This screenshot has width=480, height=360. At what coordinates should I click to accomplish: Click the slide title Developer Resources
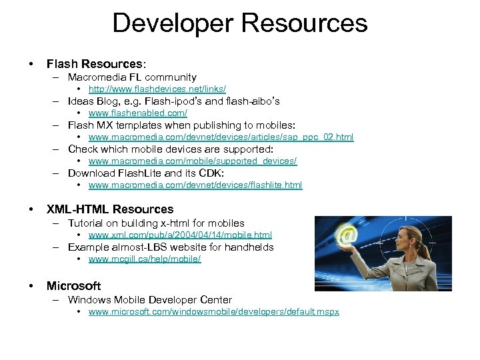[x=239, y=23]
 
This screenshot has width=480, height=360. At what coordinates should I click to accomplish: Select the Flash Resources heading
[x=95, y=64]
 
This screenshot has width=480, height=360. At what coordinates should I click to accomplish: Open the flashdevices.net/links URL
[x=157, y=89]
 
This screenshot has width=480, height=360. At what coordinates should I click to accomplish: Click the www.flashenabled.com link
[x=133, y=113]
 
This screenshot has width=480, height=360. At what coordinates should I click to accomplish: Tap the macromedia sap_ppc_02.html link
[x=221, y=137]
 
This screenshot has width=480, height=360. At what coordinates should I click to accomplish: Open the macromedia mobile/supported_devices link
[x=192, y=161]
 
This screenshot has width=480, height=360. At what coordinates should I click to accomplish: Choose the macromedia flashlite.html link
[x=195, y=185]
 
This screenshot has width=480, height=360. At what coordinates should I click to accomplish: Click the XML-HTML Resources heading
[x=110, y=209]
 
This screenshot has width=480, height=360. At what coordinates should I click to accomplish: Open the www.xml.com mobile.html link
[x=180, y=235]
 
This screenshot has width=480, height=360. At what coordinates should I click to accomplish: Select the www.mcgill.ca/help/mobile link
[x=144, y=259]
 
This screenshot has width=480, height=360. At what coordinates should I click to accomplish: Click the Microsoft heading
[x=73, y=286]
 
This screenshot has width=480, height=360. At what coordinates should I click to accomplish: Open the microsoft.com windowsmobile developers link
[x=213, y=312]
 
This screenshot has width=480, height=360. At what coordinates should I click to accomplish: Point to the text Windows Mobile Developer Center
[x=150, y=300]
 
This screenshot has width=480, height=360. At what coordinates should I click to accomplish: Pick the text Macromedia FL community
[x=132, y=77]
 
